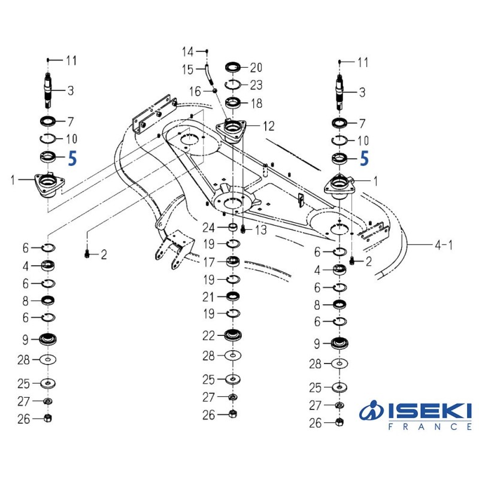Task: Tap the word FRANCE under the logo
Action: point(430,426)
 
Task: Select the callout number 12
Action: point(268,126)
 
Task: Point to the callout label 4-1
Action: point(444,245)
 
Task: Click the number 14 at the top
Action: point(188,51)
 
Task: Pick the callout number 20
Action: point(256,68)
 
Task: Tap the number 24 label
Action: point(208,228)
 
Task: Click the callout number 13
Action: point(261,230)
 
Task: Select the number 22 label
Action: point(208,336)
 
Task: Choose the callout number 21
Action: point(208,297)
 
